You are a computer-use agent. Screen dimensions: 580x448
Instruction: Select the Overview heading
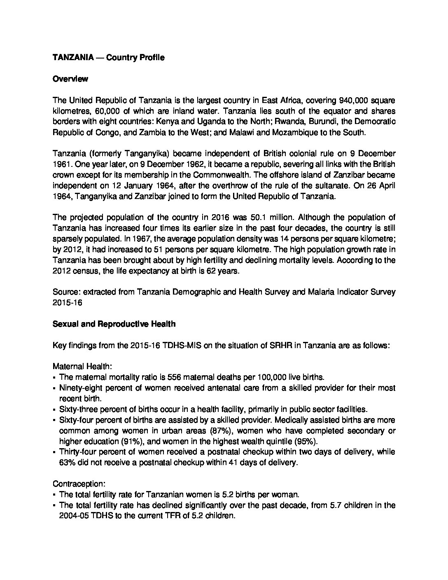click(70, 79)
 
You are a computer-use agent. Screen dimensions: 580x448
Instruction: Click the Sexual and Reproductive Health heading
click(114, 324)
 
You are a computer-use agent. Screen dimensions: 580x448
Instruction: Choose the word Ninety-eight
click(82, 388)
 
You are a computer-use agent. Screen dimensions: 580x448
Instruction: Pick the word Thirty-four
click(79, 452)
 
